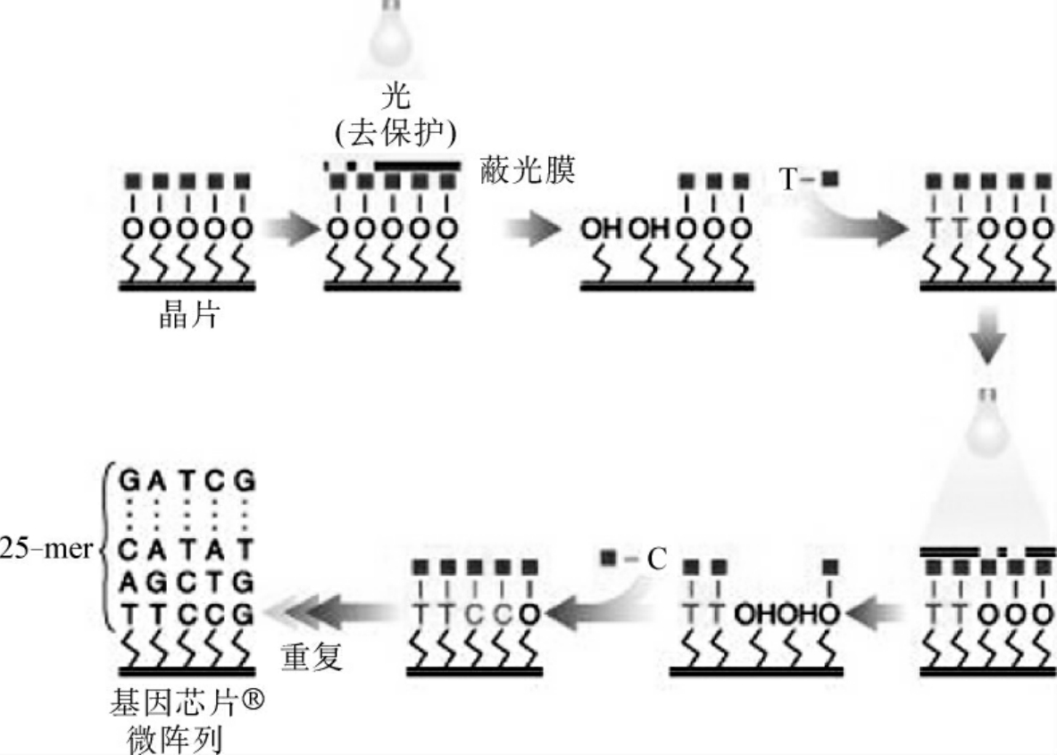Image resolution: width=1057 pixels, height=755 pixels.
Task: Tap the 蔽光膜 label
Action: [528, 170]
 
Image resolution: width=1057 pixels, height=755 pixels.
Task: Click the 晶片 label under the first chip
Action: [187, 316]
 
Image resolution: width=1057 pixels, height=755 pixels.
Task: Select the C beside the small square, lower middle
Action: [656, 560]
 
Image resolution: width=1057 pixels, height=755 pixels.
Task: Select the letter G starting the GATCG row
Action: [131, 482]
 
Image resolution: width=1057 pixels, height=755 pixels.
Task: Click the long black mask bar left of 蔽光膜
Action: [418, 165]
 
